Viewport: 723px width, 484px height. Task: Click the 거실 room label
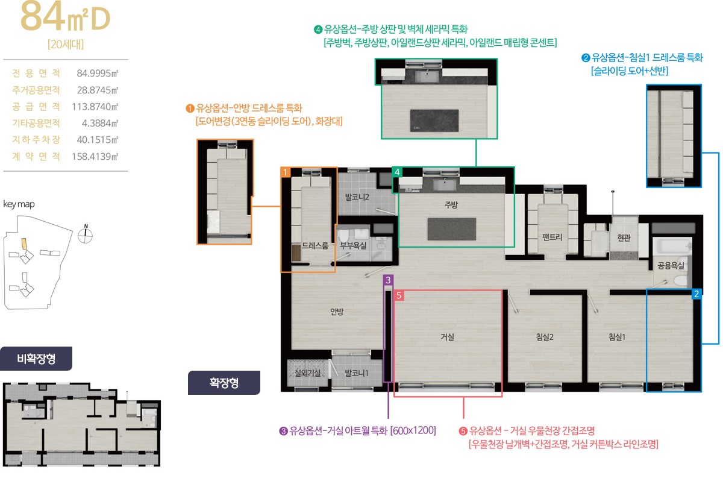coord(447,337)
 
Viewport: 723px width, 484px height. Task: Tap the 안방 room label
coord(337,312)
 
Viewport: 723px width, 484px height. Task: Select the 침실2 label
coord(545,337)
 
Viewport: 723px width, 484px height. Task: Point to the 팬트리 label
coord(552,237)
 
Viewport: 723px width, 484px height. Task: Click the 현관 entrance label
coord(624,238)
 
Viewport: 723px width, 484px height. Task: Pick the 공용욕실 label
coord(671,265)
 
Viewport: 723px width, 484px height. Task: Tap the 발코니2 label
coord(357,197)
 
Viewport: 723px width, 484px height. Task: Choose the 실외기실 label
coord(308,373)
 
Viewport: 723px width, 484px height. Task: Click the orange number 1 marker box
coord(285,172)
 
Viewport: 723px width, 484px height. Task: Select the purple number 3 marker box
coord(388,280)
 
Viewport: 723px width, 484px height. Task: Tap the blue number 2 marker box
coord(696,294)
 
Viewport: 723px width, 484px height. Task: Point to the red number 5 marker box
coord(399,295)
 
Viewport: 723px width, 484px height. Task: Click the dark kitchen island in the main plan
coord(451,229)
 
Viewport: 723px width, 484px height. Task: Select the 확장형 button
coord(224,383)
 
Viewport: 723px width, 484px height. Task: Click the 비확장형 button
coord(36,359)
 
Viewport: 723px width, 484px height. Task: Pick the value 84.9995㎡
coord(98,74)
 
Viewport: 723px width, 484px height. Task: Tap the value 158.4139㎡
coord(95,157)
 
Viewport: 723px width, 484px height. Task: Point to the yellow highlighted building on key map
coord(24,244)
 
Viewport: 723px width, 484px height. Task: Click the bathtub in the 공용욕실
coord(672,247)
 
